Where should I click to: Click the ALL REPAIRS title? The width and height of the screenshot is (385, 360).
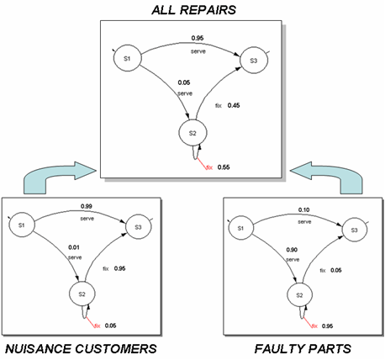[194, 10]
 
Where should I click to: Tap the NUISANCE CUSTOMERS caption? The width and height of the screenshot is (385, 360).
[81, 349]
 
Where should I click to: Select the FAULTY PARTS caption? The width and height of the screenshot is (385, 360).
[303, 349]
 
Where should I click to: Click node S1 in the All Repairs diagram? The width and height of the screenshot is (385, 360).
[127, 58]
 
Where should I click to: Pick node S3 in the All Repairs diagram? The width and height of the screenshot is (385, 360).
[254, 61]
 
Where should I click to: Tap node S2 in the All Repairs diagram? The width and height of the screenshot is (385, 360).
[192, 133]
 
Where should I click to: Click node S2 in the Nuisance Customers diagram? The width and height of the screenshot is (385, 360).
[82, 294]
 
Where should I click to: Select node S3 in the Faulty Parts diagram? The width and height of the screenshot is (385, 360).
[355, 230]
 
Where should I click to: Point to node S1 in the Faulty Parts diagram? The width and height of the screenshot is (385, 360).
[241, 228]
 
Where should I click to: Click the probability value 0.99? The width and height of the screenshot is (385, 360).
[87, 206]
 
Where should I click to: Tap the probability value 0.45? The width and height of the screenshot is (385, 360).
[234, 105]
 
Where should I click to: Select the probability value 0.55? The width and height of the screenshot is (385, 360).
[224, 167]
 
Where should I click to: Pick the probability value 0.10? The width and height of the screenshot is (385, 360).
[303, 209]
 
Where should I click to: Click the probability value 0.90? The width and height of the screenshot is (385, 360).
[292, 250]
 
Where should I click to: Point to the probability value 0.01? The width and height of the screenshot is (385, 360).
[74, 247]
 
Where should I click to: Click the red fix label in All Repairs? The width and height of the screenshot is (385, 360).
[209, 167]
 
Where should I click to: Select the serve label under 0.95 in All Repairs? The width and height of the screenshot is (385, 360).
[198, 51]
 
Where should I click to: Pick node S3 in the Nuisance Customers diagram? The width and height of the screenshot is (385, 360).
[139, 227]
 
